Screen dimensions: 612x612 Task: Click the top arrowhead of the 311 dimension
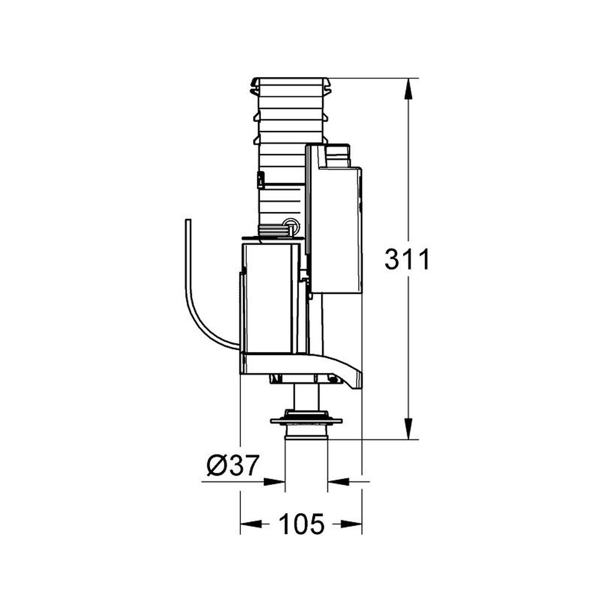(x=408, y=89)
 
